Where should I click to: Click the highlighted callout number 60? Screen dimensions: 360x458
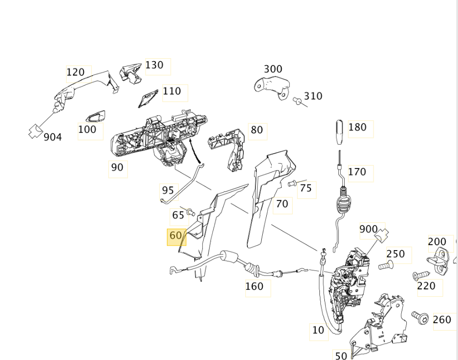coord(176,236)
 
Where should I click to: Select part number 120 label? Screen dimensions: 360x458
coord(76,73)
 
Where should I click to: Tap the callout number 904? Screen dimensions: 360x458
coord(53,137)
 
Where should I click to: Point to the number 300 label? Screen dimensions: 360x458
coord(273,69)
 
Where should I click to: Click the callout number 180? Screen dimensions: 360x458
coord(357,127)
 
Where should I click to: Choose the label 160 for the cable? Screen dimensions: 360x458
coord(254,286)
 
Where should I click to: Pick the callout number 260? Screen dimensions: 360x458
coord(442,320)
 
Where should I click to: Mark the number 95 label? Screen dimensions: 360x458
coord(168,190)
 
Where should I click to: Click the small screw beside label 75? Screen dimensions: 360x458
coord(292,184)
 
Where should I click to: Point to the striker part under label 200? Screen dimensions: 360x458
coord(440,259)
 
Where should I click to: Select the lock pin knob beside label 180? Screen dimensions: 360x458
coord(339,130)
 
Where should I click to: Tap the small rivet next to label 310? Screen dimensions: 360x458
coord(298,101)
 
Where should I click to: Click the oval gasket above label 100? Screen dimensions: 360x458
coord(95,117)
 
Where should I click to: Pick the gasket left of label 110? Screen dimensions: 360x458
coord(148,98)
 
